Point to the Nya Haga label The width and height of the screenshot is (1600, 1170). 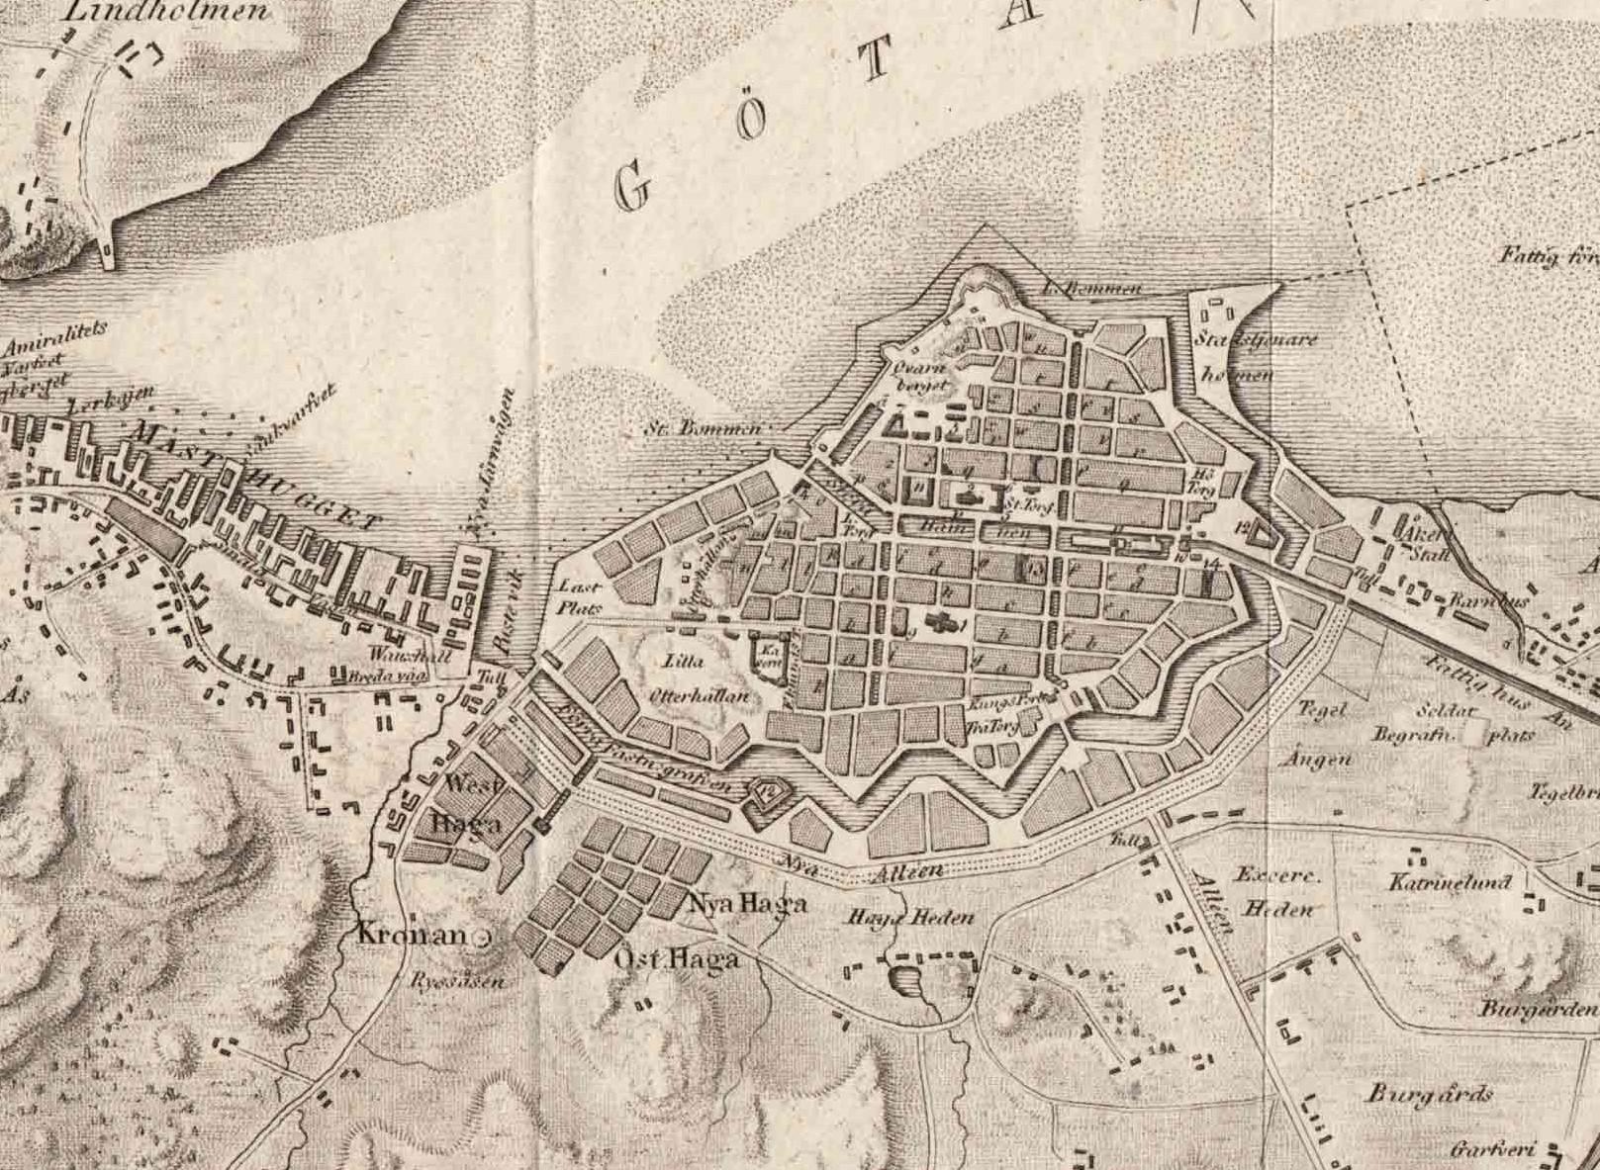[x=747, y=903]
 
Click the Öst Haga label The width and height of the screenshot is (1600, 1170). [x=677, y=958]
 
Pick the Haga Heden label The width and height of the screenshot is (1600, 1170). [x=910, y=918]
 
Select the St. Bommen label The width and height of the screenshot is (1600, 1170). [x=704, y=429]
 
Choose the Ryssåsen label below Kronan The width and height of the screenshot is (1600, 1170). [x=458, y=982]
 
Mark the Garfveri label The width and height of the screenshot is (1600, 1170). [x=1491, y=1149]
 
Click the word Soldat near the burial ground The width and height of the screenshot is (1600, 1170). [x=1447, y=711]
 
